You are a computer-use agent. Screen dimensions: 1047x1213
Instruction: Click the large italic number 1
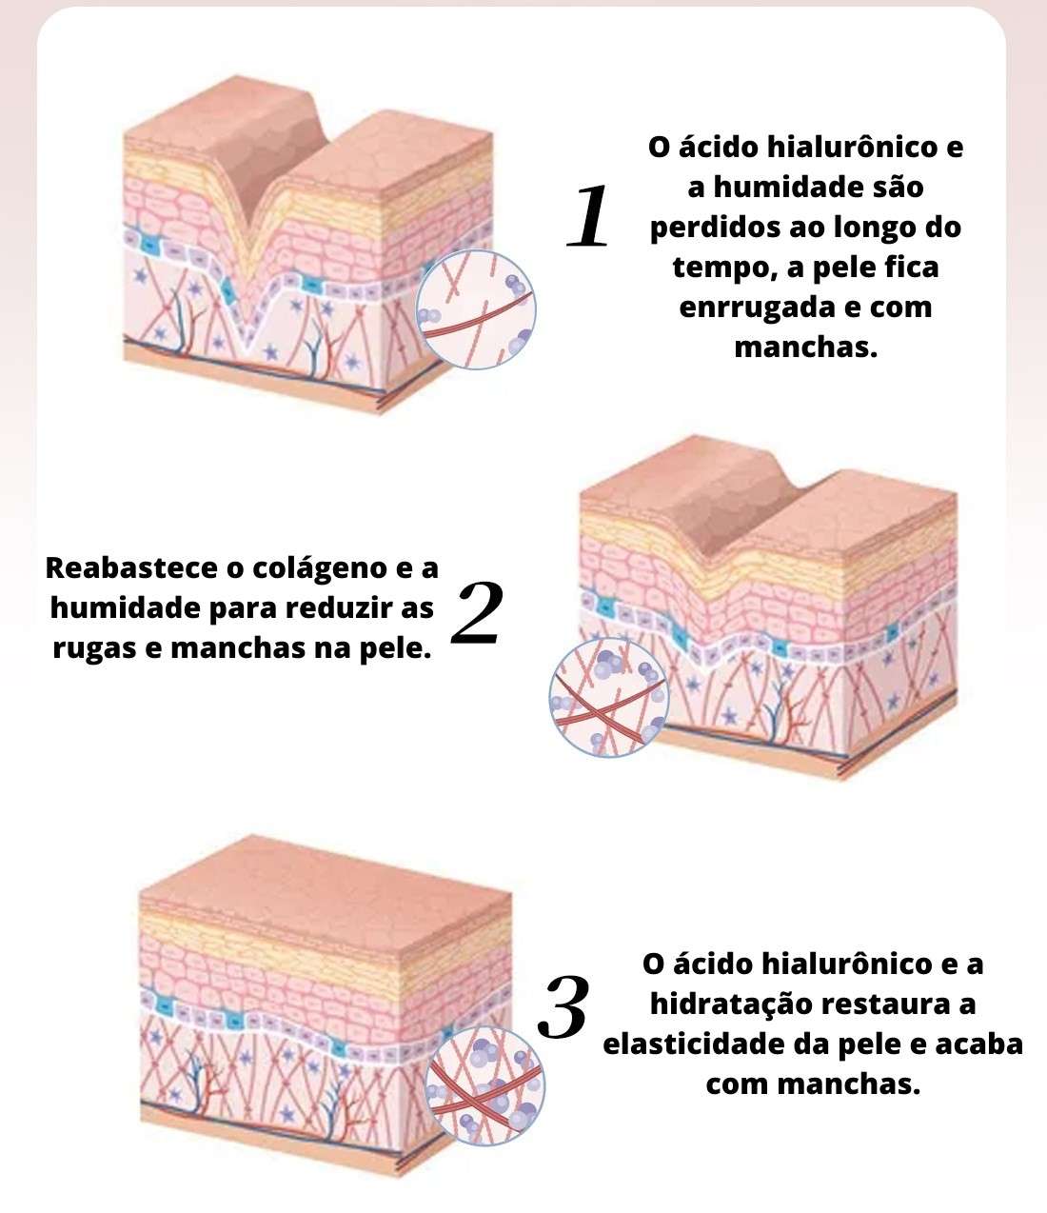click(x=588, y=215)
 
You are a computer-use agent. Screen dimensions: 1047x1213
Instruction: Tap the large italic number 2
click(x=477, y=612)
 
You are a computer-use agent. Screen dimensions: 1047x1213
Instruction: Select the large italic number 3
click(x=563, y=1007)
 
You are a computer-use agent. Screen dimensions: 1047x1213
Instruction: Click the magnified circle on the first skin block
click(x=476, y=309)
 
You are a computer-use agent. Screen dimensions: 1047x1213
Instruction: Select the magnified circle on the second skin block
click(x=609, y=697)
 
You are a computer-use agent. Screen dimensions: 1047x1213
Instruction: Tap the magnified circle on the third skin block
click(x=484, y=1085)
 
